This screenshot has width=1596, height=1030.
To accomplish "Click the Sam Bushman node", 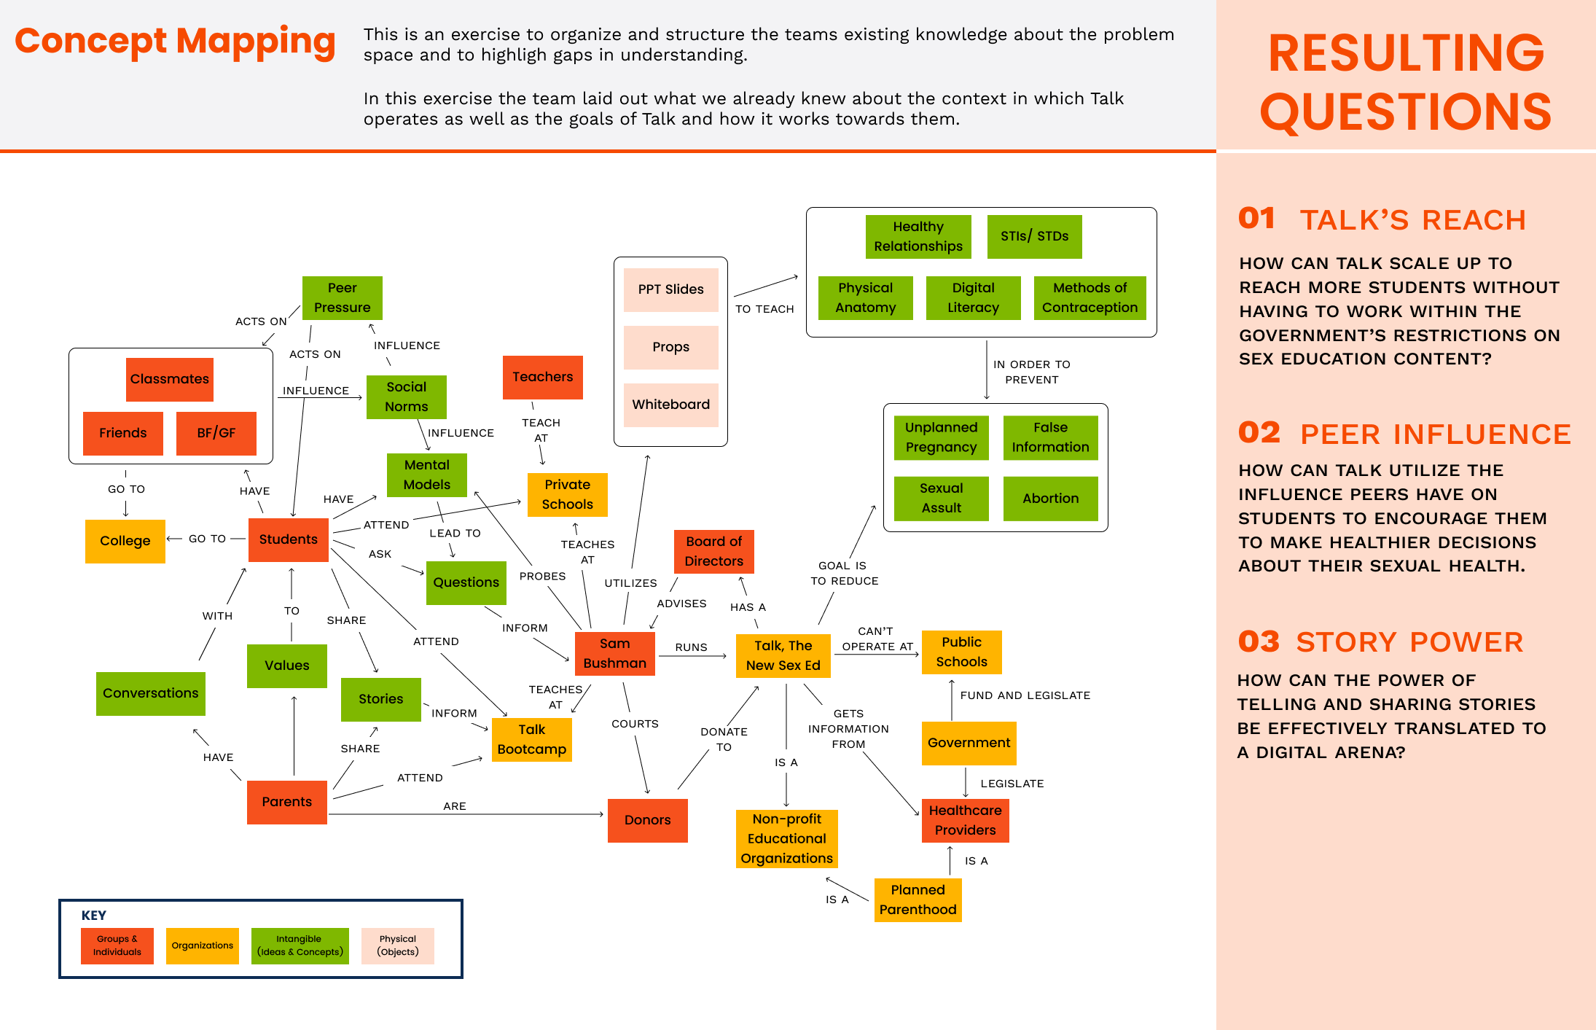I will pos(614,653).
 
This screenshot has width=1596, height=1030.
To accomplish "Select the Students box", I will pos(288,539).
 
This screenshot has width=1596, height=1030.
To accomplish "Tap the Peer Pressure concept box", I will pos(342,297).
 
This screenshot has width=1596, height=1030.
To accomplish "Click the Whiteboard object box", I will pos(670,405).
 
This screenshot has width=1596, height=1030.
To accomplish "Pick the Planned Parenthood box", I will pos(918,900).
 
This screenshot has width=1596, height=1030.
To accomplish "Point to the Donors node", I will pos(647,820).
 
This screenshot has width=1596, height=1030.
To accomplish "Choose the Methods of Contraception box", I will pos(1090,297).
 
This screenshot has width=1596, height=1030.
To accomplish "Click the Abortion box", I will pos(1050,499).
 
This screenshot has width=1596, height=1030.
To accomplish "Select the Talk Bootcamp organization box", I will pos(531,739).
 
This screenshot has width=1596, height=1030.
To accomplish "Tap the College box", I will pos(125,541).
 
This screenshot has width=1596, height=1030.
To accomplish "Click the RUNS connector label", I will pos(691,647).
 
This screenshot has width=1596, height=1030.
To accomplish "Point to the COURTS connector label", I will pos(635,724).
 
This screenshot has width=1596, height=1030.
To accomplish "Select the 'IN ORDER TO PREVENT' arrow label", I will pos(1031,372).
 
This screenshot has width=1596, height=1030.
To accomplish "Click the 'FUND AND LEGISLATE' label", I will pos(1025,695).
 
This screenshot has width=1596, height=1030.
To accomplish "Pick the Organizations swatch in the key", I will pos(202,945).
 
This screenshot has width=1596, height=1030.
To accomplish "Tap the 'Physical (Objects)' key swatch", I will pos(397,945).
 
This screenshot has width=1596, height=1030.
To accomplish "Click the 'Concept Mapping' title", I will pos(175,41).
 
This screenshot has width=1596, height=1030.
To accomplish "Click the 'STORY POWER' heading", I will pos(1409,642).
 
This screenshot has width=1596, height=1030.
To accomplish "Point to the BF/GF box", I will pos(216,433).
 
